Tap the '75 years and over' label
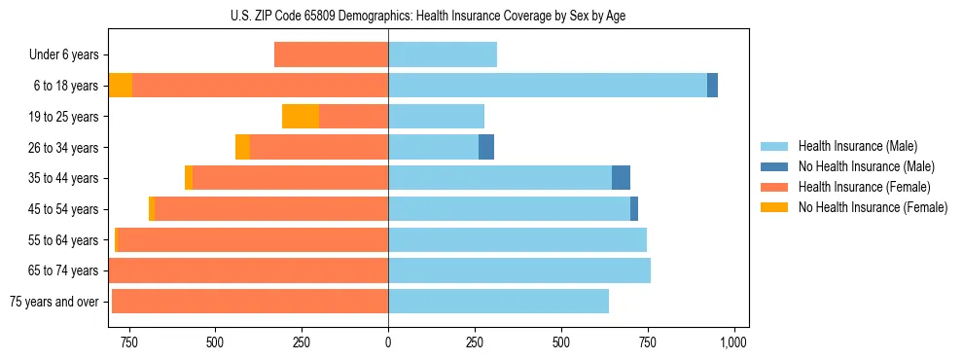54,302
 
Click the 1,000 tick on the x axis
732,342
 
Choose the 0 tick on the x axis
388,342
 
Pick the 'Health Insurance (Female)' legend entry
864,187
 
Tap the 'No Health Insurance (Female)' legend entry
873,207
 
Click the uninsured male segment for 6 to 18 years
712,86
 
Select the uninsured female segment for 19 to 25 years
301,117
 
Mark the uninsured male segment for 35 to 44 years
621,178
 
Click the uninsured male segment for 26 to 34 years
486,147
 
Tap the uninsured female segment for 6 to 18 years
121,86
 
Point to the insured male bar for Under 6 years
443,54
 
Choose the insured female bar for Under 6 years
331,54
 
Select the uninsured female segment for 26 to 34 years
242,147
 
